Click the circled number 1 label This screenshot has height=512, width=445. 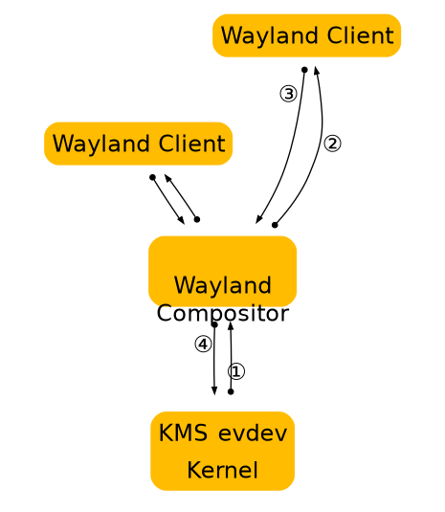(236, 371)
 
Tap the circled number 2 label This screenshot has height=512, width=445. (332, 144)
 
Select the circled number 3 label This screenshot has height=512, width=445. (288, 94)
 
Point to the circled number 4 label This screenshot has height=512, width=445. (202, 345)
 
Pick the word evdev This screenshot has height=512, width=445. (253, 434)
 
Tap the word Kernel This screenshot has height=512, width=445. (222, 470)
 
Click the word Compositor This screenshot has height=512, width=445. (222, 313)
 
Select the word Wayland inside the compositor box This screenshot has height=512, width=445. (222, 285)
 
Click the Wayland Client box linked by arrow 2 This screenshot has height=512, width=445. (306, 36)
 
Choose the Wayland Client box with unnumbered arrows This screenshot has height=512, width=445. (139, 145)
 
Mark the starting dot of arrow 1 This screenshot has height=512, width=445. (231, 391)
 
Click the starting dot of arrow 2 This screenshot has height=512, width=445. (275, 225)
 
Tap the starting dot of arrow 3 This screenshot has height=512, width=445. (304, 69)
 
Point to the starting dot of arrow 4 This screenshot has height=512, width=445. (214, 325)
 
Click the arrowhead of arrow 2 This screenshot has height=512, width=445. (317, 70)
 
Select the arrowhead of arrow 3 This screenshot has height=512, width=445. (258, 220)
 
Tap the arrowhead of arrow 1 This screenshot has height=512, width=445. (230, 326)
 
